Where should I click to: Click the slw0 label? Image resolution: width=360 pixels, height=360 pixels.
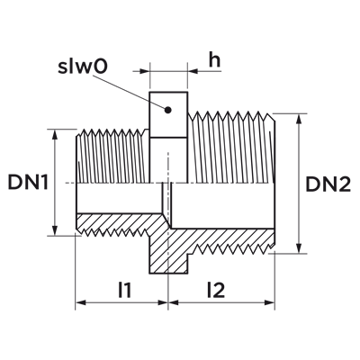[x=83, y=67]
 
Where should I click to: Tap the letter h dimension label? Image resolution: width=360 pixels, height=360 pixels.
[x=214, y=59]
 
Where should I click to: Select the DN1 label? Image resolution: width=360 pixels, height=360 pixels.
[x=28, y=182]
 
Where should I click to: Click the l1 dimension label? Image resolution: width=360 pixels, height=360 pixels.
[x=125, y=290]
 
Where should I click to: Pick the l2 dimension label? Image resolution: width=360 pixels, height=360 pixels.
[x=216, y=290]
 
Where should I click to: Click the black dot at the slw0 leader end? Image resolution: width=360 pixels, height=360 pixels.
[x=168, y=110]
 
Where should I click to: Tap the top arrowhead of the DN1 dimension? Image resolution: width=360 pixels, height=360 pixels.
[x=55, y=134]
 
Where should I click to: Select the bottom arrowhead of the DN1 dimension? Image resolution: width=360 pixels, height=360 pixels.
[x=55, y=230]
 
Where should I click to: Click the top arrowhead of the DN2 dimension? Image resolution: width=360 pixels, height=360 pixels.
[x=299, y=119]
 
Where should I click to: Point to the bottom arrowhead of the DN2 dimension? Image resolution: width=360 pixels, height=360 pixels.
[x=299, y=248]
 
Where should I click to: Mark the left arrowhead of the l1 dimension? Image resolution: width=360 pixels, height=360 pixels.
[x=80, y=302]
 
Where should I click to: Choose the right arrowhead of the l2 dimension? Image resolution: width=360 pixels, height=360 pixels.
[x=270, y=302]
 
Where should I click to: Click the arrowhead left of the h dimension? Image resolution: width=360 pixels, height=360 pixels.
[x=145, y=71]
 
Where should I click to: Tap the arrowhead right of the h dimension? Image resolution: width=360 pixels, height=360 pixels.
[x=193, y=71]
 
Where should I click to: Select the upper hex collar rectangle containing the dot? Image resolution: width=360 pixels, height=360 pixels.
[x=168, y=115]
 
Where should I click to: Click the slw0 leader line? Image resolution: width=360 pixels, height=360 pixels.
[x=130, y=92]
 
